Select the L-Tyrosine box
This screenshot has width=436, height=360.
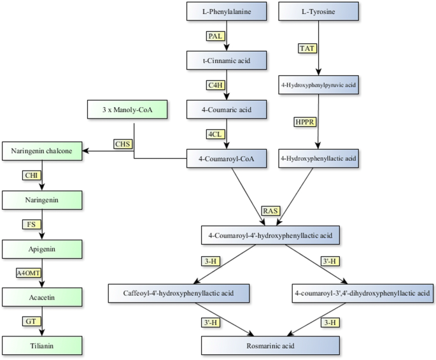317,11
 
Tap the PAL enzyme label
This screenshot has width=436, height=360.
216,36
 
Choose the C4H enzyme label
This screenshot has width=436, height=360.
216,85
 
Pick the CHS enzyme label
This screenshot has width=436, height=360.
122,144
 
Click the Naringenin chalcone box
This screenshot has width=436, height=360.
42,152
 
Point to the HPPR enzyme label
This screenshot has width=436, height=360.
305,120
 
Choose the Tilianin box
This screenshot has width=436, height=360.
42,345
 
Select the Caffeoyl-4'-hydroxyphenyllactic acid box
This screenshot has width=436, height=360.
178,294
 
